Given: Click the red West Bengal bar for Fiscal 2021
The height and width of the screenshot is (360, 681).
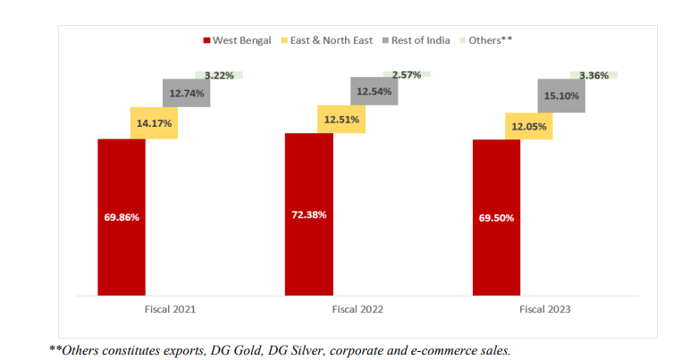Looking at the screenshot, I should tap(122, 216).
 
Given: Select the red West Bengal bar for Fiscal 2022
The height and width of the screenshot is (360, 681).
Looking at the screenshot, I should tap(308, 213).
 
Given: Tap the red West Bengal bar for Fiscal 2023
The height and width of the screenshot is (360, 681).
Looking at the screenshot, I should tap(496, 216).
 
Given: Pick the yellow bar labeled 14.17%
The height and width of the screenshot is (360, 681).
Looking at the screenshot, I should tap(154, 122).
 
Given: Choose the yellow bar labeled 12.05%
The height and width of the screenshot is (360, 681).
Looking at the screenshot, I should tap(528, 126).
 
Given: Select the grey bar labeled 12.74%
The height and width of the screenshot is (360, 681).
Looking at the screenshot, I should tap(186, 93).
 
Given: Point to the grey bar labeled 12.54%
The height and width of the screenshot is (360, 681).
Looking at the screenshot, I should tap(374, 91).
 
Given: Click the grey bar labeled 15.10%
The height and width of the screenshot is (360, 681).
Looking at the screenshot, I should tap(561, 96).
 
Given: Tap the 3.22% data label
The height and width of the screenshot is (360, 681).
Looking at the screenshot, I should tap(218, 76).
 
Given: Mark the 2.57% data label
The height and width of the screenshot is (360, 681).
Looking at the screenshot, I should tap(406, 74).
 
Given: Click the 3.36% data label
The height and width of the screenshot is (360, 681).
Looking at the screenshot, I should tap(593, 76).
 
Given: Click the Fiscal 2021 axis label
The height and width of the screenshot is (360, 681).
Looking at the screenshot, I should tap(170, 309).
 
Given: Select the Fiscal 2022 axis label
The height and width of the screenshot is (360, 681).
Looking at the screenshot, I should tap(357, 309).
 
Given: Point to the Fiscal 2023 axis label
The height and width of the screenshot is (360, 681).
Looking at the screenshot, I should tap(544, 309).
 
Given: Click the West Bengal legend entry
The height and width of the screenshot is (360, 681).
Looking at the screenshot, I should tap(237, 40).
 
